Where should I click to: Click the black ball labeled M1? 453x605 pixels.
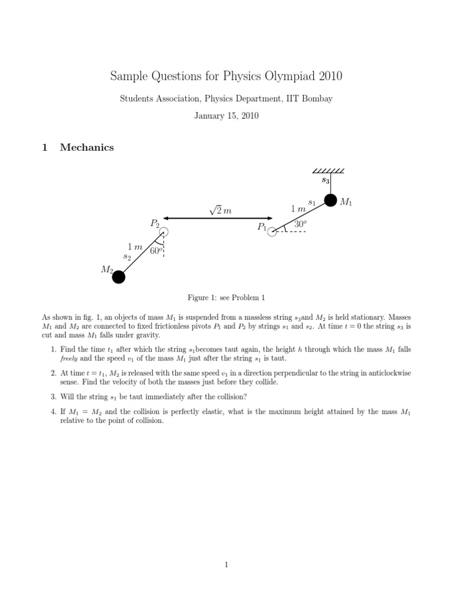pos(330,200)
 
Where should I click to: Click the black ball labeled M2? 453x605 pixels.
pos(119,277)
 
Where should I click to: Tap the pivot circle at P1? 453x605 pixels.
pos(272,232)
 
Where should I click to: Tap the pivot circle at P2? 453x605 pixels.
pos(163,232)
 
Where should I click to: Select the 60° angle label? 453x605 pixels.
pos(156,251)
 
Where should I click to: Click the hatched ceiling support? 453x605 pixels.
pos(330,171)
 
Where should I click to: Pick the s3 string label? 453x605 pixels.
pos(325,180)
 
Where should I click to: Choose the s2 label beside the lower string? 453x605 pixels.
pos(127,256)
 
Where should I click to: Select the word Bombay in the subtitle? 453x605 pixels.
pos(318,99)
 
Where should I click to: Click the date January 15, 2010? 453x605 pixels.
pos(226,116)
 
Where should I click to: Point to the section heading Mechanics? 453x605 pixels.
pos(87,148)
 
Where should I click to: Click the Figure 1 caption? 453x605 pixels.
pos(226,298)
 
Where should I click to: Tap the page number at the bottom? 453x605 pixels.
pos(226,565)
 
